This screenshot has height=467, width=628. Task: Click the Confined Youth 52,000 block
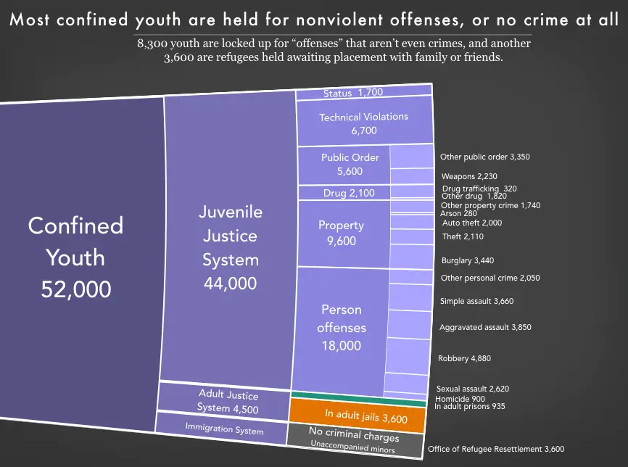tap(76, 257)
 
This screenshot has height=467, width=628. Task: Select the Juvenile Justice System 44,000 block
tap(230, 247)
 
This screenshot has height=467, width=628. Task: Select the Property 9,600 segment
tap(341, 233)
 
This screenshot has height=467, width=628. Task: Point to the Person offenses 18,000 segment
tap(341, 327)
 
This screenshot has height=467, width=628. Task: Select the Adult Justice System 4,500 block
tap(223, 401)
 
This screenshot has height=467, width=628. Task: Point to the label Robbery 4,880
tap(468, 358)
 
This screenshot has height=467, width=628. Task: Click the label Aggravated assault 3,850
tap(485, 327)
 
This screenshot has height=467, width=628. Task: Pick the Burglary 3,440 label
tap(468, 260)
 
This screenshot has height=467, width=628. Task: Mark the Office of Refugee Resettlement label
tap(495, 450)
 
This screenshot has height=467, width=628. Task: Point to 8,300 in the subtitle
tap(152, 44)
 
